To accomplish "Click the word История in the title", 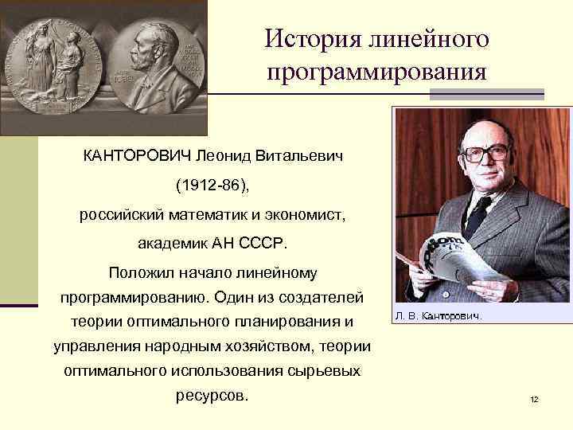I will (307, 39).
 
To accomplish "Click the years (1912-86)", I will (212, 185).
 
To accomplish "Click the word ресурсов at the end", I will (211, 396).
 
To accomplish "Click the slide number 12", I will (534, 398).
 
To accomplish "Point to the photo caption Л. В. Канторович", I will (438, 316).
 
